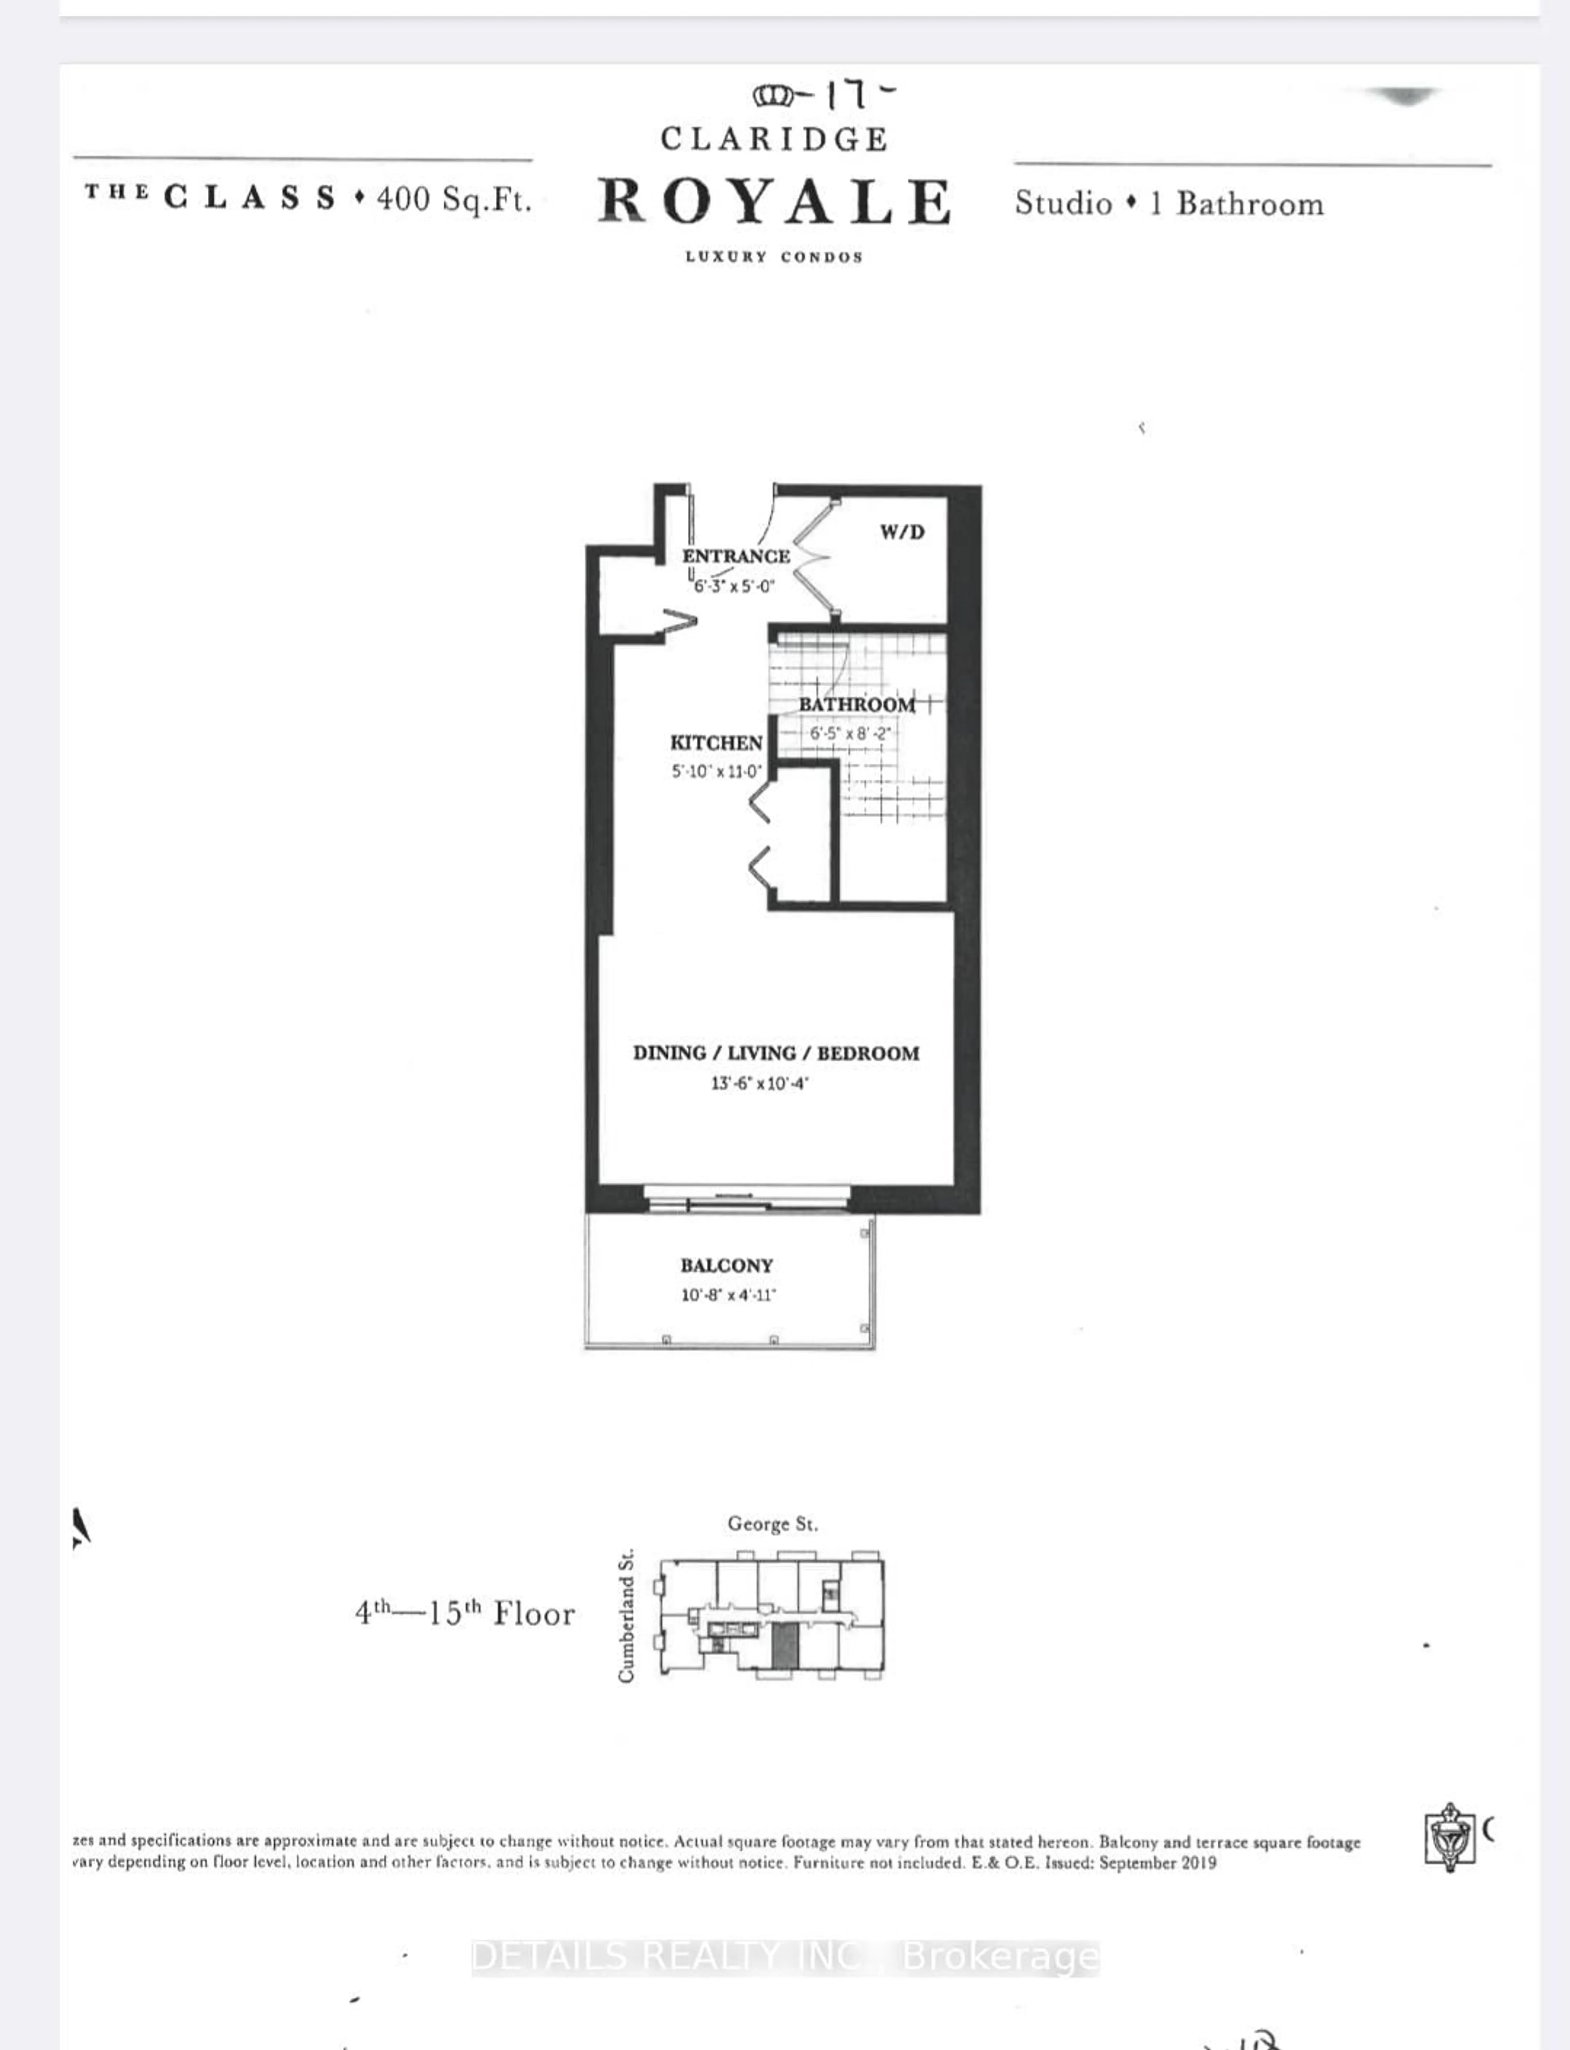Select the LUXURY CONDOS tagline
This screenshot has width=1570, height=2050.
click(774, 257)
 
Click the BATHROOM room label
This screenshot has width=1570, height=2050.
click(856, 704)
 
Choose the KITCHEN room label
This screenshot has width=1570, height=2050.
click(716, 743)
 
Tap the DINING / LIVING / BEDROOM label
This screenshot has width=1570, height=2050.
click(776, 1053)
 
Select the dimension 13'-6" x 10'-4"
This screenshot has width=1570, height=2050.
click(759, 1084)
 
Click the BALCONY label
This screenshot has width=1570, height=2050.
click(726, 1265)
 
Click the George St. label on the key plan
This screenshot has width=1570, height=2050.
click(772, 1524)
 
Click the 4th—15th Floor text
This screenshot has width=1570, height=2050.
click(464, 1614)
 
